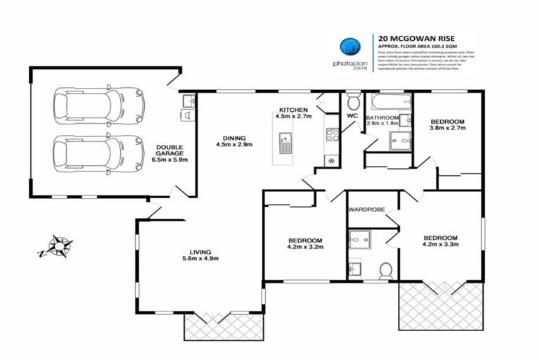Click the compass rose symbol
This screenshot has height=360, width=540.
56,247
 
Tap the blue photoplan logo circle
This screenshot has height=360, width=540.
349,47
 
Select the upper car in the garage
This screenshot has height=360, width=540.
98,105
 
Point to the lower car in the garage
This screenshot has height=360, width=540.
98,153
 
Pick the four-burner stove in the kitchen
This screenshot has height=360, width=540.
332,134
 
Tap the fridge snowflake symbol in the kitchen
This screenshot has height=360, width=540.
330,161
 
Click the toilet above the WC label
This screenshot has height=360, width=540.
353,100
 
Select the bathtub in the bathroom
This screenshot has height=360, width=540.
388,102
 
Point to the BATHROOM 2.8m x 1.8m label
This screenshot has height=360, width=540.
382,121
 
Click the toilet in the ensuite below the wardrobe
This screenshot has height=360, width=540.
385,269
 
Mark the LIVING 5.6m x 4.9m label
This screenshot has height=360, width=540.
201,255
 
